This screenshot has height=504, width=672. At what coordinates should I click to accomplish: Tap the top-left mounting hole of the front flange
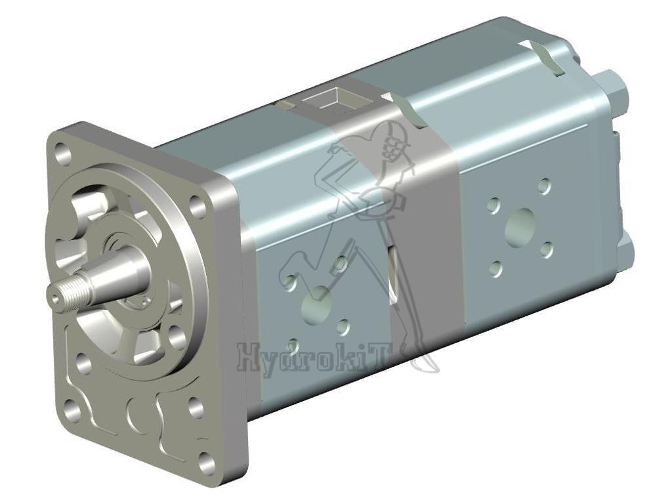(64, 156)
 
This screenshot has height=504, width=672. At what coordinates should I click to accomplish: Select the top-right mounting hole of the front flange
(198, 207)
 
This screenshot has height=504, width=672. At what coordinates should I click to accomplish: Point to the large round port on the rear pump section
(522, 226)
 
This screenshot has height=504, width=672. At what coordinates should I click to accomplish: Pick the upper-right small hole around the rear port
(544, 186)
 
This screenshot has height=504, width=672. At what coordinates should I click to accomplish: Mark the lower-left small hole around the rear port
(496, 268)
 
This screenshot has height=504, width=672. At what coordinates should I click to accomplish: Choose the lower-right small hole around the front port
(343, 327)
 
